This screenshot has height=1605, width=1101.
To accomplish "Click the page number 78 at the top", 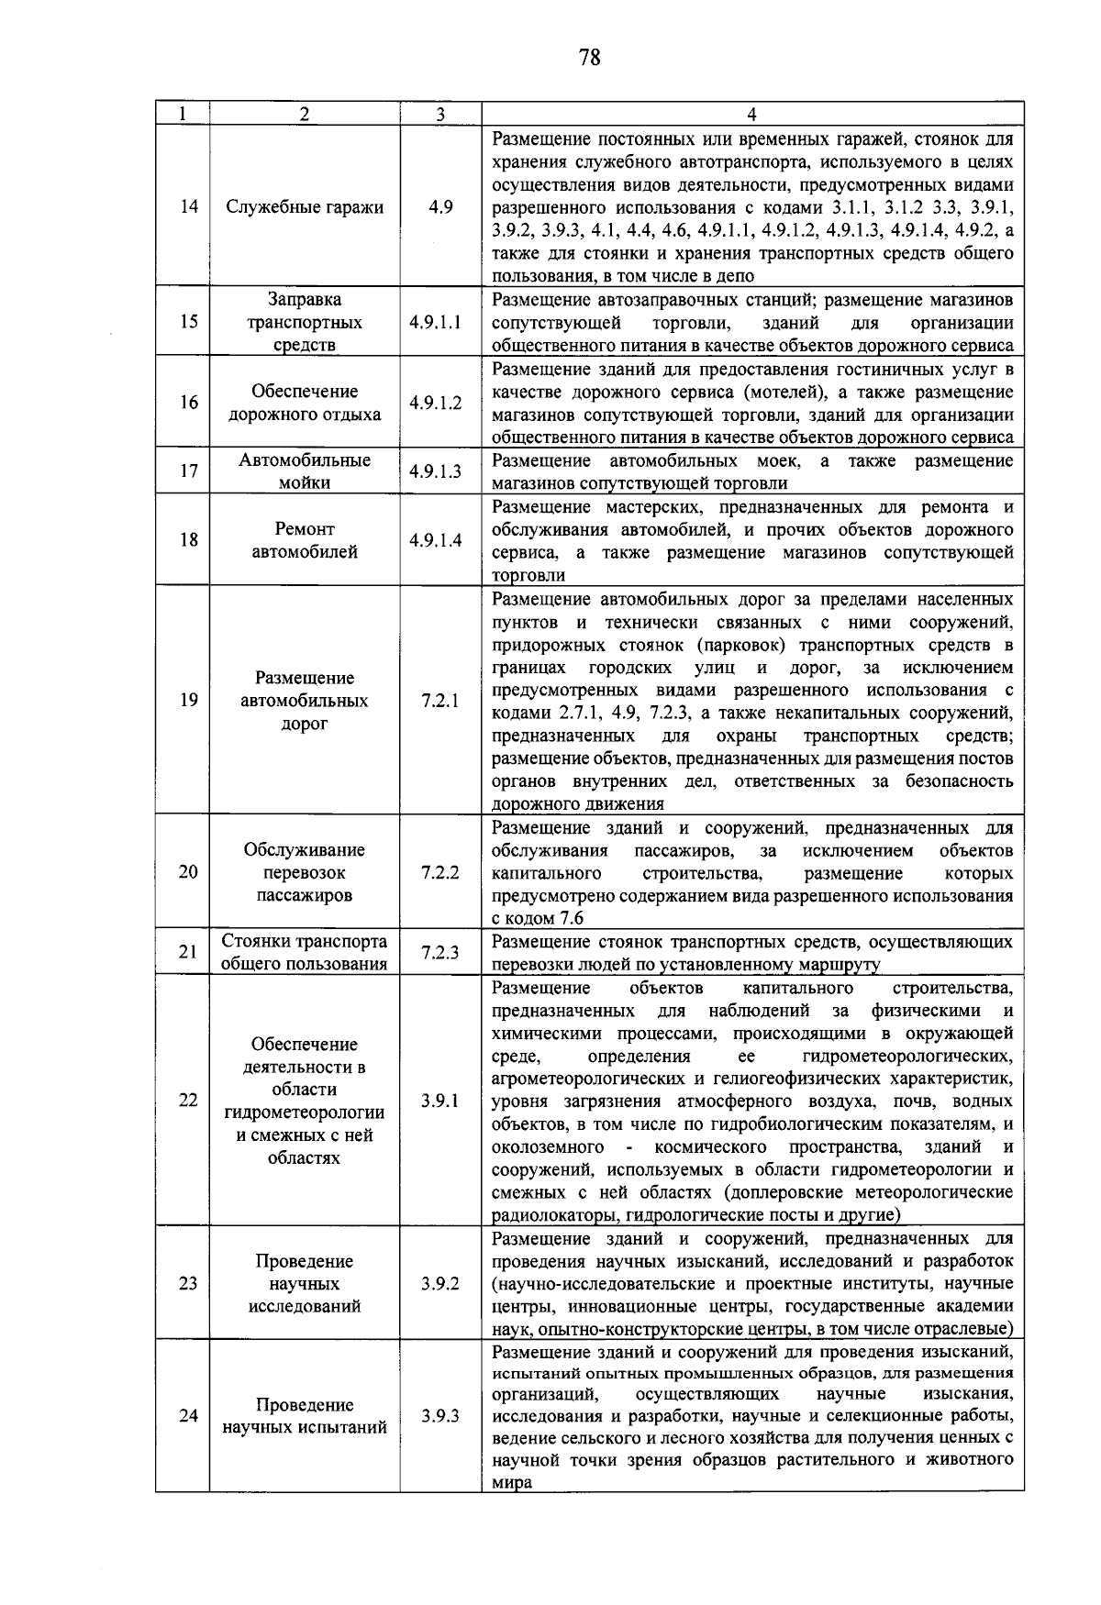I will click(x=590, y=59).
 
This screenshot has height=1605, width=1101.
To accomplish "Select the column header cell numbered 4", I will click(x=751, y=114).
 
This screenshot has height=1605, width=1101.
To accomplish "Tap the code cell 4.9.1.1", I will click(x=436, y=323).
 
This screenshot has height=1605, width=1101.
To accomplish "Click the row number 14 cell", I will click(x=188, y=206).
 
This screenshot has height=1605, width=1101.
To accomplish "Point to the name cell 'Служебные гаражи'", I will click(x=305, y=206).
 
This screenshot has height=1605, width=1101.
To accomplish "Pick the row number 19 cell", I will click(x=188, y=701).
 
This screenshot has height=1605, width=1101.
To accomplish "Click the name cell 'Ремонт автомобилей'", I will click(x=305, y=540).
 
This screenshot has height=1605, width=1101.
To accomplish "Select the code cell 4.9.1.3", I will click(x=436, y=471).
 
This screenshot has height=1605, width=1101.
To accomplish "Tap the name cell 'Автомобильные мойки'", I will click(x=305, y=471).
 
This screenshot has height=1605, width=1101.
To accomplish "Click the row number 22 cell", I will click(x=188, y=1101).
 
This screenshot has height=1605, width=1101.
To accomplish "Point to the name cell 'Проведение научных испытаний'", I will click(x=305, y=1416).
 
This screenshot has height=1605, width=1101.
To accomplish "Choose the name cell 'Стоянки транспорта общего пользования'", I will click(x=305, y=952).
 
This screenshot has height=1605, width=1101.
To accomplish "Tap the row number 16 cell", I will click(x=188, y=403).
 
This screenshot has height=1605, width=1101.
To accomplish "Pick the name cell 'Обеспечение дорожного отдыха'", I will click(x=305, y=403).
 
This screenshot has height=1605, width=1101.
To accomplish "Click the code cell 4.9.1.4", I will click(x=436, y=540).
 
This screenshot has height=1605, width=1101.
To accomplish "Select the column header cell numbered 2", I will click(x=304, y=114).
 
